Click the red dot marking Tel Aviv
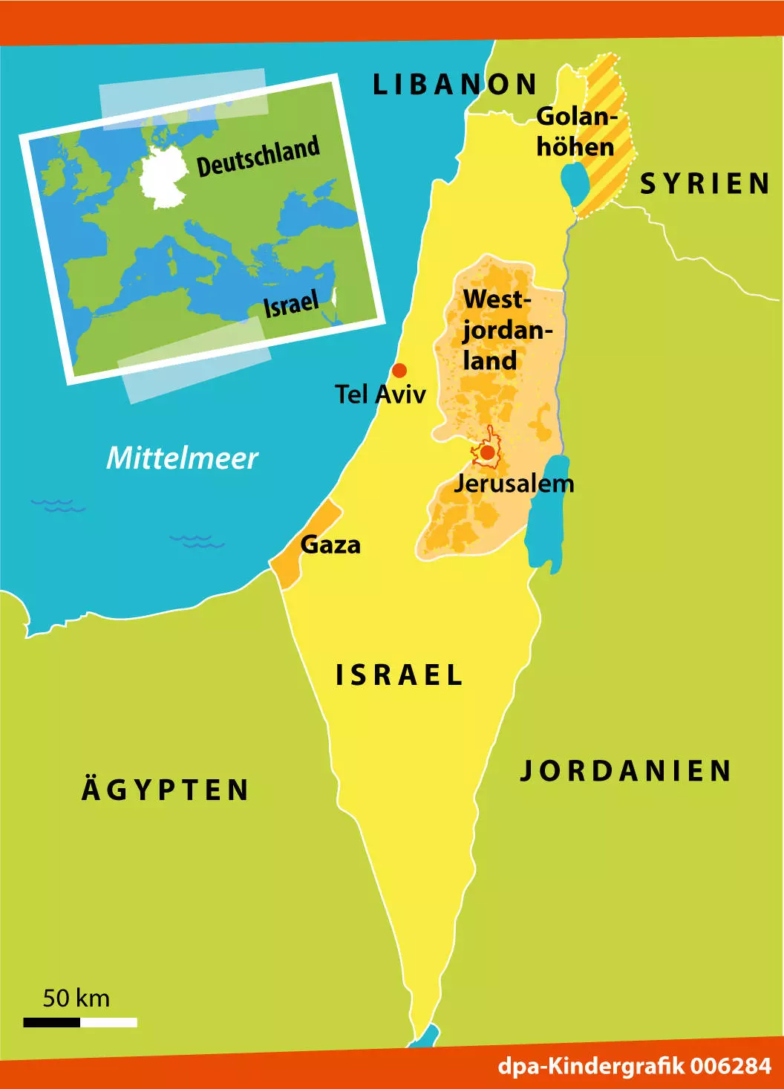pyautogui.click(x=399, y=370)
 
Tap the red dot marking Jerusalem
pyautogui.click(x=488, y=452)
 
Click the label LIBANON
pyautogui.click(x=454, y=85)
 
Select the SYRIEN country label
pyautogui.click(x=705, y=183)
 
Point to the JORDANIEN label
pyautogui.click(x=626, y=771)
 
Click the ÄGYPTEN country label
pyautogui.click(x=165, y=790)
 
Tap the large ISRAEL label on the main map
pyautogui.click(x=399, y=675)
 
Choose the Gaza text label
pyautogui.click(x=330, y=544)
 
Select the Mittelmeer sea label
pyautogui.click(x=182, y=458)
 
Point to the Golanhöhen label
pyautogui.click(x=576, y=131)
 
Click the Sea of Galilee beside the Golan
pyautogui.click(x=574, y=183)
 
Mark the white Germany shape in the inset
pyautogui.click(x=165, y=176)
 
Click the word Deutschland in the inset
pyautogui.click(x=258, y=156)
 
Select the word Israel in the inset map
pyautogui.click(x=291, y=304)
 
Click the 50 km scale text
pyautogui.click(x=76, y=998)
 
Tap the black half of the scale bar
pyautogui.click(x=51, y=1022)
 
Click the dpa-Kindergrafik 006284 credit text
pyautogui.click(x=635, y=1066)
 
